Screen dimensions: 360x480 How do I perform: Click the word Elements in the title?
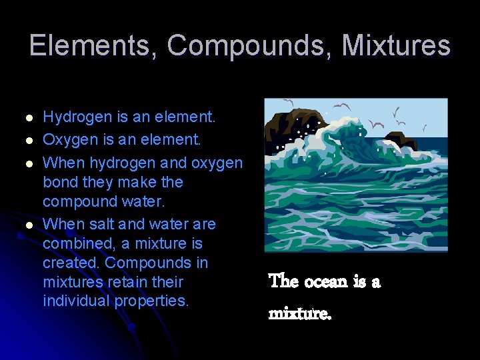pos(92,45)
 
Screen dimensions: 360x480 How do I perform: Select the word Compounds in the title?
pos(252,45)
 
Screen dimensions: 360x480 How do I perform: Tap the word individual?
pos(76,301)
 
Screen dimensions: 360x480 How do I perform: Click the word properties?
pos(152,301)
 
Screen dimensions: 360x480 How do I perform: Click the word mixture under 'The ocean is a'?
pos(299,311)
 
